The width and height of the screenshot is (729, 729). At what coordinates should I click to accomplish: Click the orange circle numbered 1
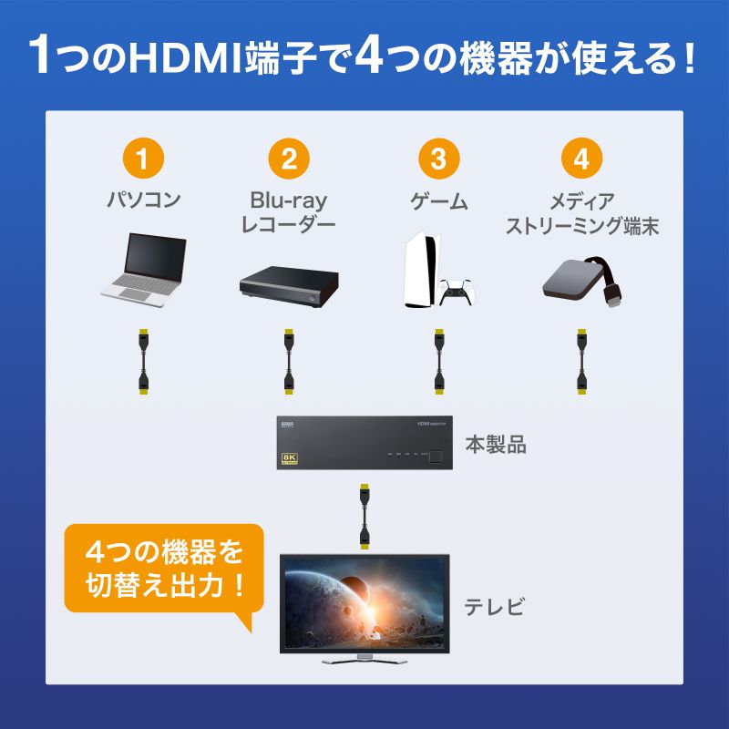tap(143, 159)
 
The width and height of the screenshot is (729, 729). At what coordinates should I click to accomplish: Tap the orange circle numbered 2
tap(289, 159)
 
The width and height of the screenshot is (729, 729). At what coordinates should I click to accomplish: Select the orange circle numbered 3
tap(438, 159)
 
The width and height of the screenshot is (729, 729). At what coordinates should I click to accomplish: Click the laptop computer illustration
tap(144, 269)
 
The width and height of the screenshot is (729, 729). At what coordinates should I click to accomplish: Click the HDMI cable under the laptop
tap(143, 361)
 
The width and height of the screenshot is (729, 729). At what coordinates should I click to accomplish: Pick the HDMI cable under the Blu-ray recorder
tap(287, 361)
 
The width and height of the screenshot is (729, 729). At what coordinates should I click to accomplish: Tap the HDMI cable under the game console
tap(437, 361)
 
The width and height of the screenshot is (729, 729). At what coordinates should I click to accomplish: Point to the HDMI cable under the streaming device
tap(580, 361)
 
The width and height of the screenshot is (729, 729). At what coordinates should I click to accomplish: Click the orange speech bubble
tap(164, 569)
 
